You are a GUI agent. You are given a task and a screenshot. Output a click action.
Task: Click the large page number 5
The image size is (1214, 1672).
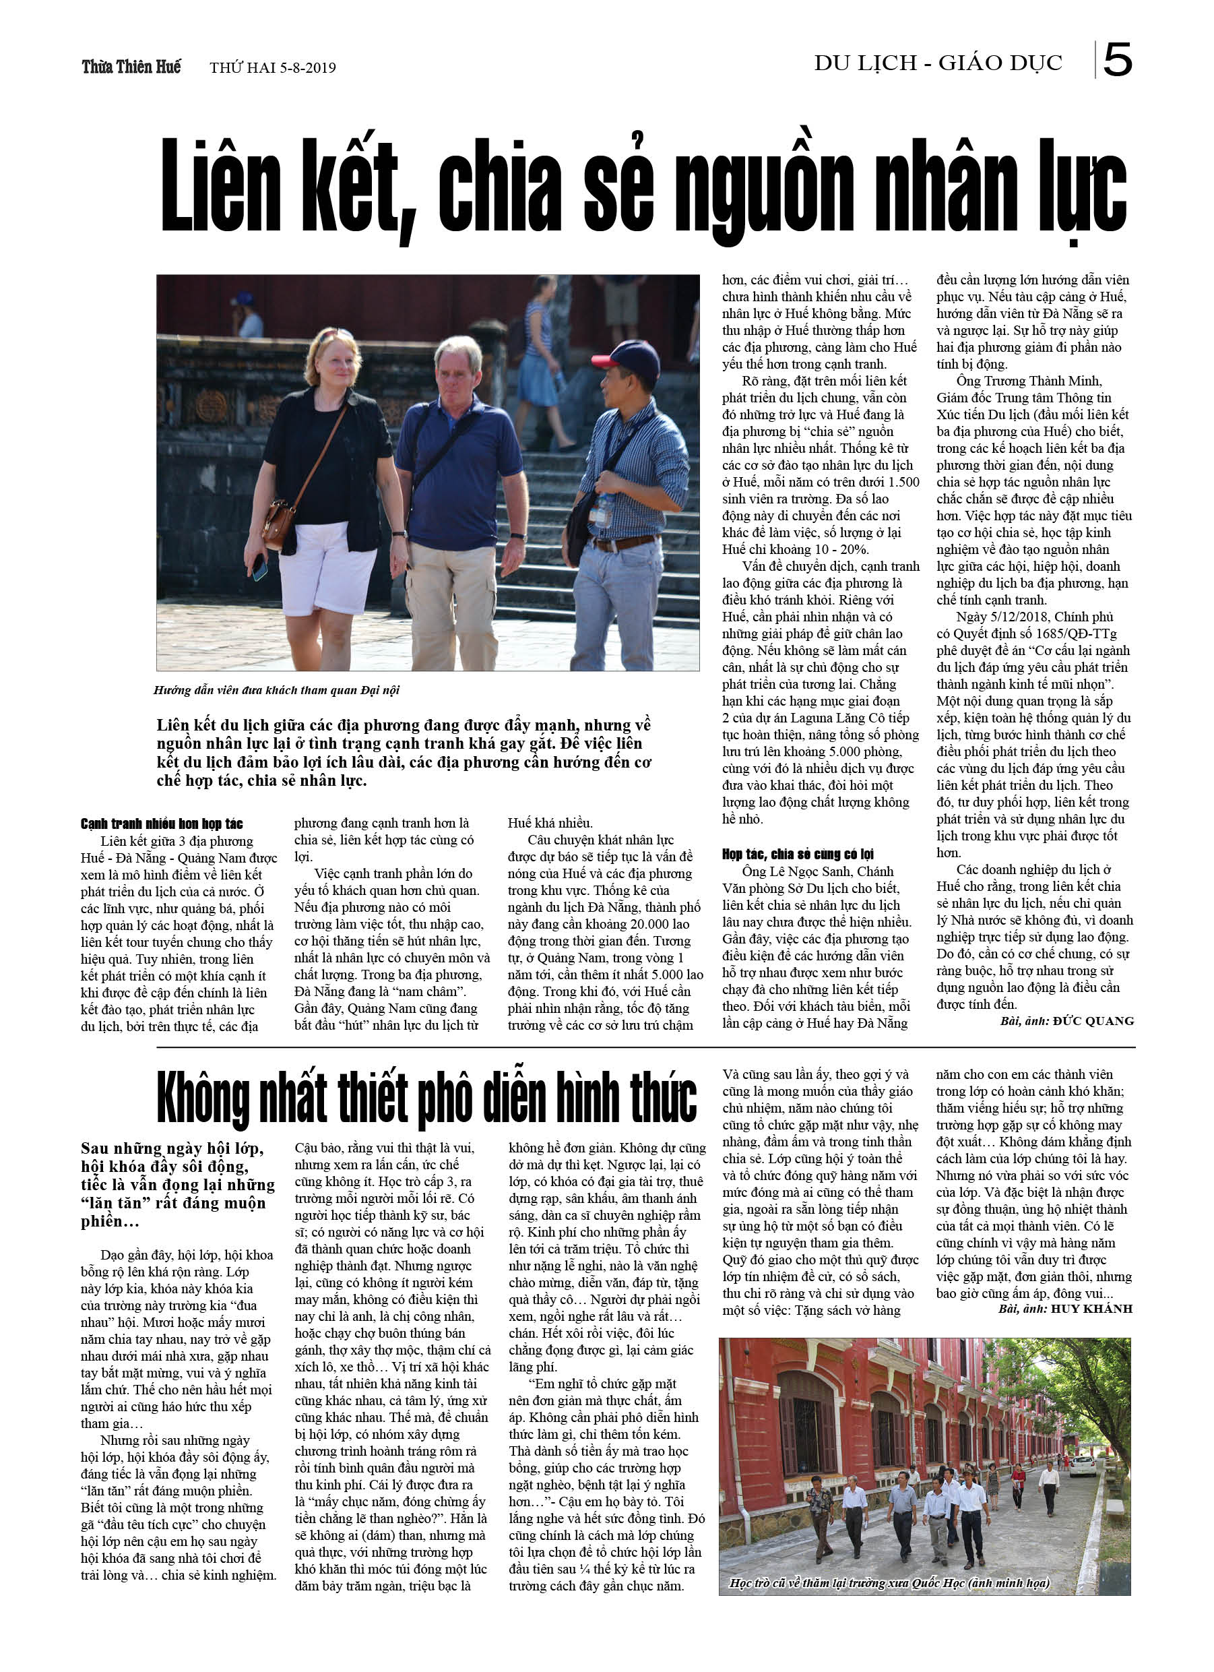1118,61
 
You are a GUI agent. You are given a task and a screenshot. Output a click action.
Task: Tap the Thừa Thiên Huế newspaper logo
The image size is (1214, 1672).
131,67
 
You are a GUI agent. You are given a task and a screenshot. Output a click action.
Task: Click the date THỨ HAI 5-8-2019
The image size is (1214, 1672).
273,69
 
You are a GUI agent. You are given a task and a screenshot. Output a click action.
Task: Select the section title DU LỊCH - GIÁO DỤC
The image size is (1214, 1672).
938,63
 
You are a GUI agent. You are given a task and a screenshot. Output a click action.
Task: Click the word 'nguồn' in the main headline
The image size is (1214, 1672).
766,188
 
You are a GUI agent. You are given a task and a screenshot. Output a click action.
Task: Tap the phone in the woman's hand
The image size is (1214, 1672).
259,567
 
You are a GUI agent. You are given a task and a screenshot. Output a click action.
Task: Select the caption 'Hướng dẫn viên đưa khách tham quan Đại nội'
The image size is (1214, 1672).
276,690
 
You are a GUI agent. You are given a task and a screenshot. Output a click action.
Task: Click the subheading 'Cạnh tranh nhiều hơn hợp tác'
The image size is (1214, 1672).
162,824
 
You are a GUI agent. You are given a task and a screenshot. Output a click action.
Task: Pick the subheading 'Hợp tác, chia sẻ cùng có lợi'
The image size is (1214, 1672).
798,854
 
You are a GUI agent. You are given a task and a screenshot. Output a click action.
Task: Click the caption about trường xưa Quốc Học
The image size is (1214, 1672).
889,1583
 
